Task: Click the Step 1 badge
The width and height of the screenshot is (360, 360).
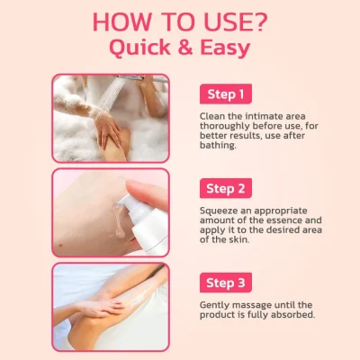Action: (226, 94)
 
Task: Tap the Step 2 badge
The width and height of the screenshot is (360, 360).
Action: (226, 188)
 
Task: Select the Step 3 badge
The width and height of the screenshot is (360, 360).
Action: (226, 283)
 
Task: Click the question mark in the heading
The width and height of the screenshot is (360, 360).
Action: (257, 22)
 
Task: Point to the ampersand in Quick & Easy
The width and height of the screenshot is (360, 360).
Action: (185, 47)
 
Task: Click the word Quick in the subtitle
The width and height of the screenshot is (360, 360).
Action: (140, 48)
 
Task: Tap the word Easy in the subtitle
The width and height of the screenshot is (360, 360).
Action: (225, 49)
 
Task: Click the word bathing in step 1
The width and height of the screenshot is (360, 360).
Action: (218, 145)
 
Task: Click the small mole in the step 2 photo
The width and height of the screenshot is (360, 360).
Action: (61, 246)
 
